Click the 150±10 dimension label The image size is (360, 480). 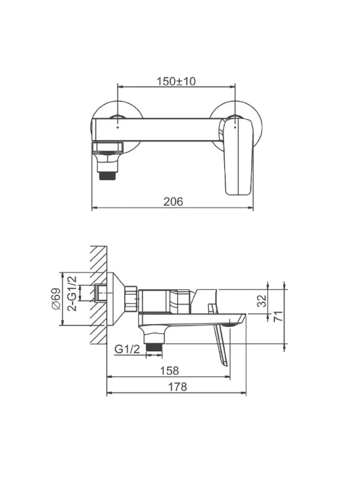point(176,82)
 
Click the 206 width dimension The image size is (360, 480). point(173,202)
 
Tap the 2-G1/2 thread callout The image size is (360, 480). point(72,293)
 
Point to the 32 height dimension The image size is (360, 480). point(262,301)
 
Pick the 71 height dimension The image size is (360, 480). point(278,316)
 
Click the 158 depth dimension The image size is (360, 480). point(170,371)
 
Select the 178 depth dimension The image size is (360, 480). point(178,387)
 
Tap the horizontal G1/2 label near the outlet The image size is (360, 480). point(127,350)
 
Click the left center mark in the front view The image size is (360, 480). point(118,127)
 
